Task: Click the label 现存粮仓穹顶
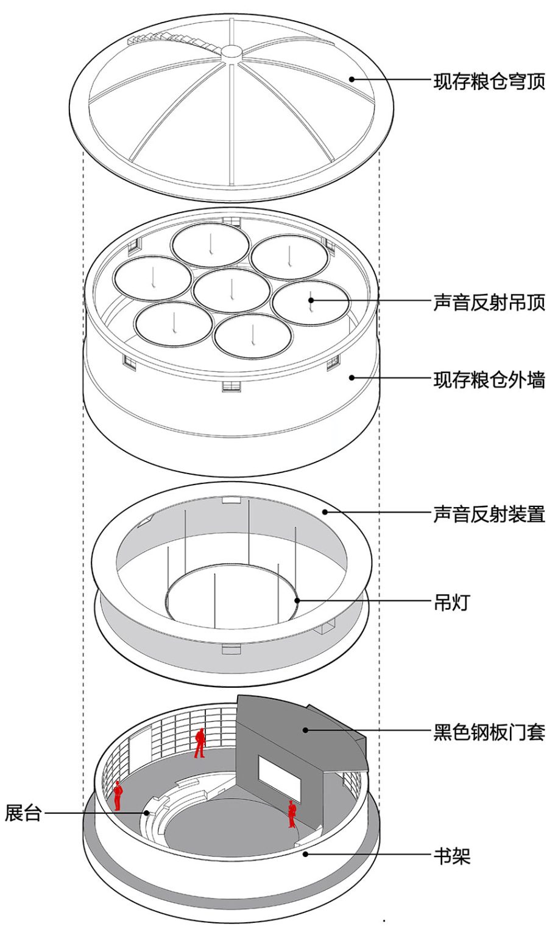tap(489, 81)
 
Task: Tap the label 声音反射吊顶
tap(489, 302)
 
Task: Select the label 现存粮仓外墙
tap(489, 380)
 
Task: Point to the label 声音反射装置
tap(489, 514)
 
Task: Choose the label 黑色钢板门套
tap(489, 731)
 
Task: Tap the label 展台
tap(23, 813)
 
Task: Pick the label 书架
tap(452, 856)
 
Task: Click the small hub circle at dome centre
tap(232, 52)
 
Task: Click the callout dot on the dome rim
tap(352, 79)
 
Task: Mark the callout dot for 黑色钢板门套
tap(306, 729)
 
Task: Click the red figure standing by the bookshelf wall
tap(199, 743)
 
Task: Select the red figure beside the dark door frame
tap(292, 814)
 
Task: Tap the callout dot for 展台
tap(146, 813)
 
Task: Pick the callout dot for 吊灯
tap(297, 601)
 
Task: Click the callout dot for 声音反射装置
tap(325, 512)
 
